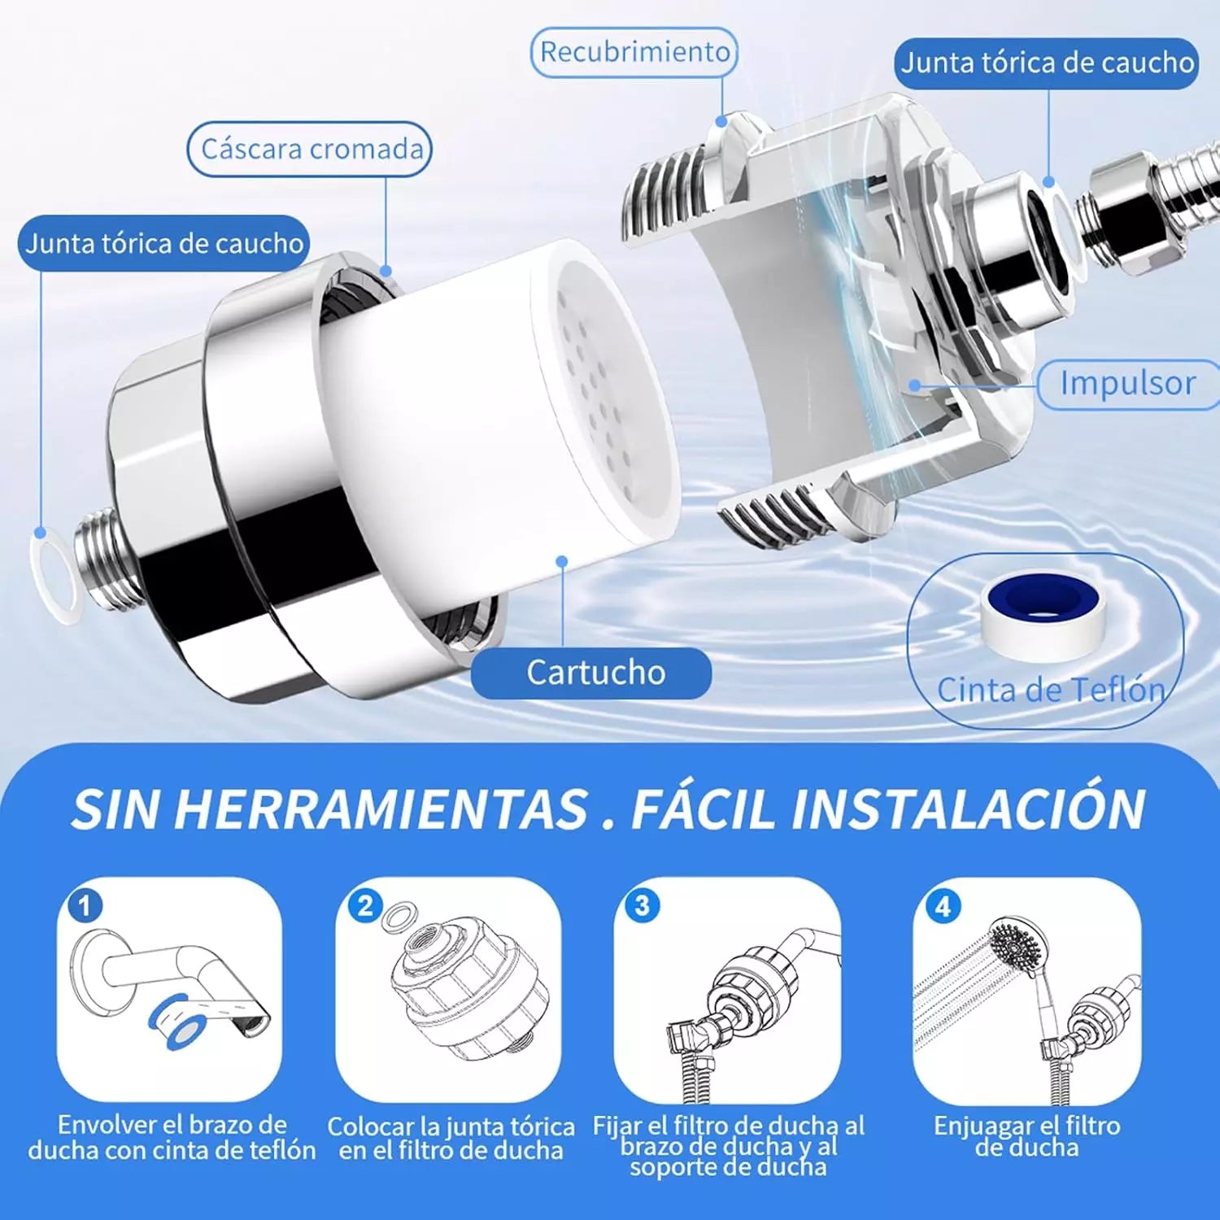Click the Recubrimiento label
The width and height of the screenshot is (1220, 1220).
pyautogui.click(x=634, y=52)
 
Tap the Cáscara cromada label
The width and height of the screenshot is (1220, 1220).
pyautogui.click(x=310, y=149)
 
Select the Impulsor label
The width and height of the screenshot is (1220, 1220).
pyautogui.click(x=1127, y=383)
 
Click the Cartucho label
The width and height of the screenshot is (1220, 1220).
pyautogui.click(x=592, y=673)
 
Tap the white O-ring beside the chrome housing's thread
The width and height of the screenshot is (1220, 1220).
pyautogui.click(x=53, y=573)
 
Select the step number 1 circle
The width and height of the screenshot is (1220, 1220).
pyautogui.click(x=85, y=905)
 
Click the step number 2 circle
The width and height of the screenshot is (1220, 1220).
pyautogui.click(x=364, y=905)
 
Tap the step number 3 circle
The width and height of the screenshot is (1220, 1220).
pyautogui.click(x=642, y=905)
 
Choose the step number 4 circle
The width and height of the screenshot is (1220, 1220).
pyautogui.click(x=943, y=905)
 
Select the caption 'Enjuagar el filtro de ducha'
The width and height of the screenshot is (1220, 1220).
pyautogui.click(x=1026, y=1136)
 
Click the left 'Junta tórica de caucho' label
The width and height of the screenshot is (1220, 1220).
pyautogui.click(x=163, y=243)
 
